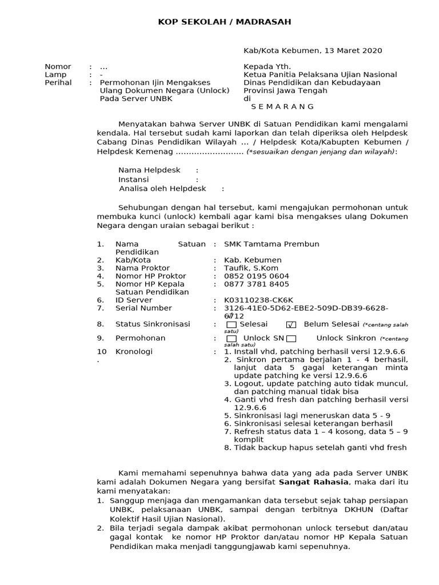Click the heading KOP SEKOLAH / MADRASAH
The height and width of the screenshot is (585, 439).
225,22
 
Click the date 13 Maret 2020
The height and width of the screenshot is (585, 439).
353,50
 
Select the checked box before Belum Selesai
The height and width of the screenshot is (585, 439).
291,324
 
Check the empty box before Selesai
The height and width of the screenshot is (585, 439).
232,324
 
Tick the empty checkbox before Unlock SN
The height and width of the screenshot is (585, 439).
232,339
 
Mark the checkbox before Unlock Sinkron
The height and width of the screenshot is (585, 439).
292,339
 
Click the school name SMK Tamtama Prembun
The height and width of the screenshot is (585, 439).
272,244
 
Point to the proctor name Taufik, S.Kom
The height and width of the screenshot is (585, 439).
251,268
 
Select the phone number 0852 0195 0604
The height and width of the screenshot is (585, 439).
257,276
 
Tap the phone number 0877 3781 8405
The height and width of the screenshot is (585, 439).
257,284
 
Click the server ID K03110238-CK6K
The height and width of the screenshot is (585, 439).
258,300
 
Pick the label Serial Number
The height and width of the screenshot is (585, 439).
143,308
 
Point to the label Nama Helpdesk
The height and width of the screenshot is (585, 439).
149,170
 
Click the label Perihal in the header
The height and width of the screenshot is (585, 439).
58,82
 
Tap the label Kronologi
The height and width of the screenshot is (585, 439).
134,352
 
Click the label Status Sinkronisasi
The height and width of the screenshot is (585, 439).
153,324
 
